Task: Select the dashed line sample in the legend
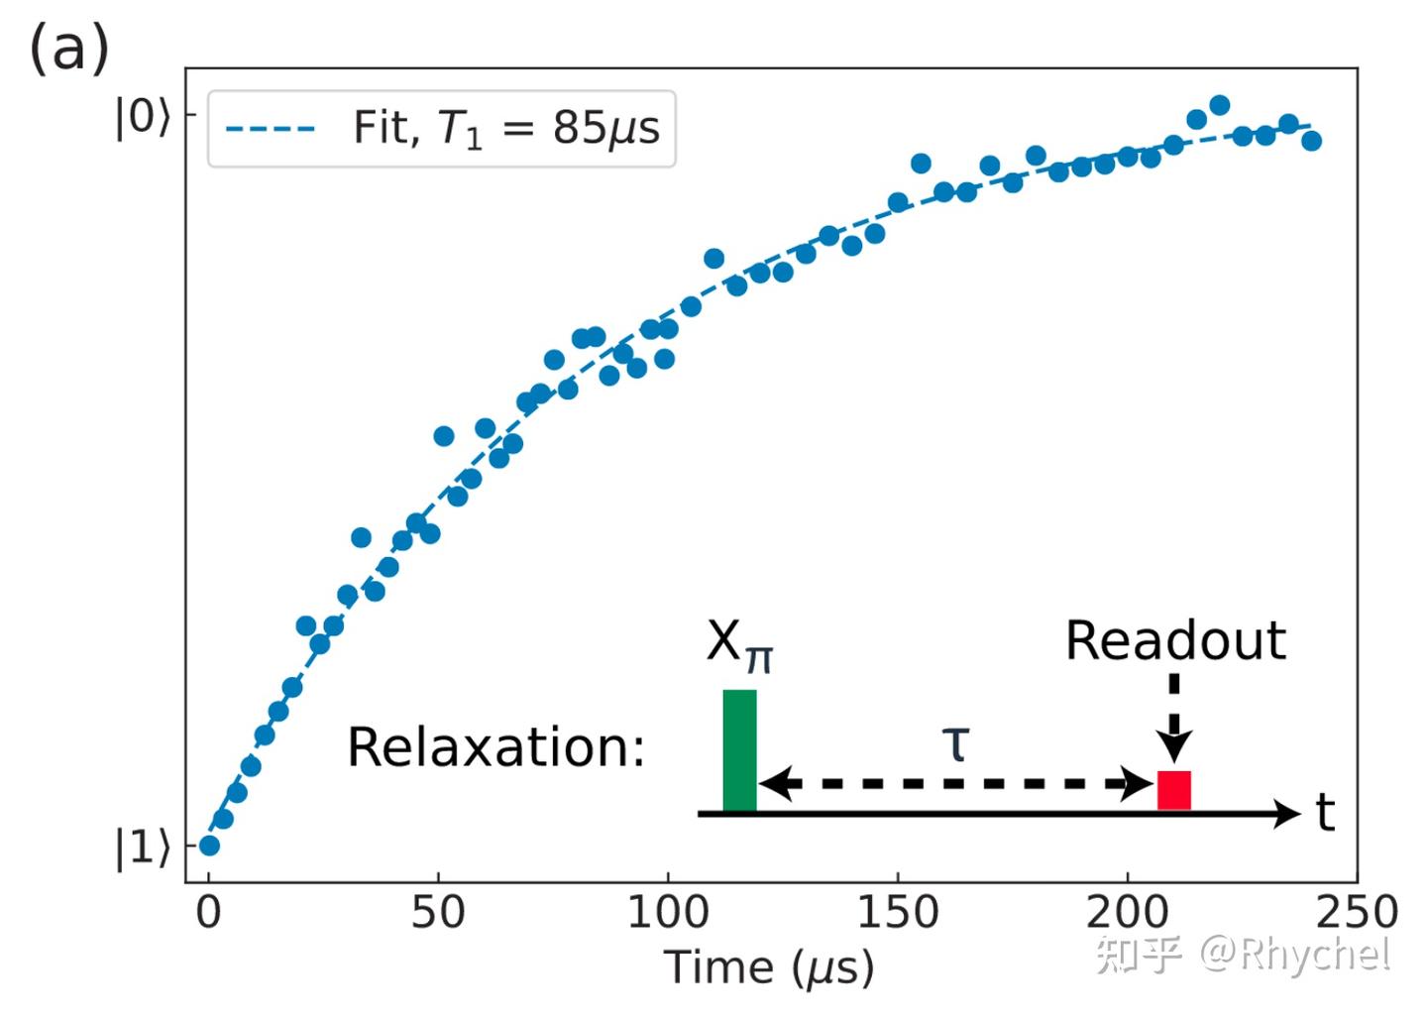[x=270, y=129]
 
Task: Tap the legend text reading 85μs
[x=605, y=129]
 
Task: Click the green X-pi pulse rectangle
[x=739, y=750]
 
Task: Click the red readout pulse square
[x=1174, y=790]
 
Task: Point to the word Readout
[x=1175, y=640]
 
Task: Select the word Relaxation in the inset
[x=494, y=747]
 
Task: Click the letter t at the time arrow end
[x=1325, y=813]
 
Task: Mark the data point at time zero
[x=209, y=846]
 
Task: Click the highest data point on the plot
[x=1220, y=105]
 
